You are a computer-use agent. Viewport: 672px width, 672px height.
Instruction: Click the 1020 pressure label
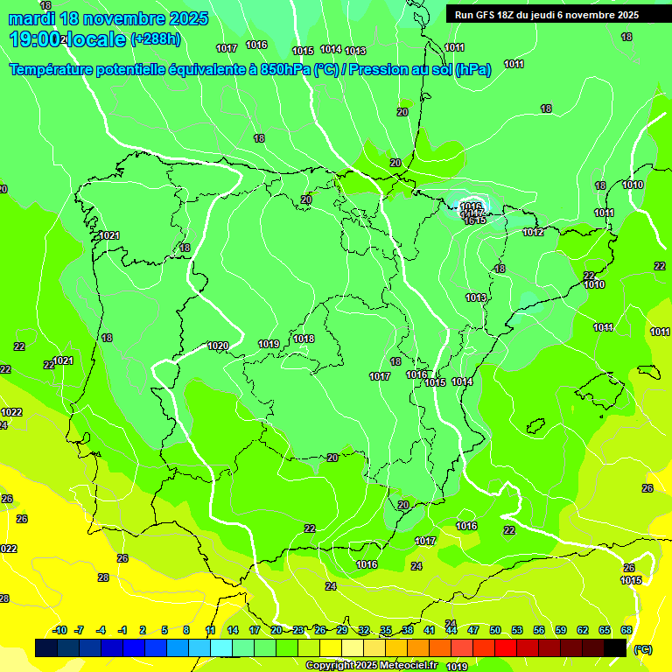[x=218, y=346]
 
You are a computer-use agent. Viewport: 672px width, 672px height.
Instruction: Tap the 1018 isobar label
[x=304, y=339]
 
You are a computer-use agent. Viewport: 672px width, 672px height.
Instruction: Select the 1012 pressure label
[x=533, y=232]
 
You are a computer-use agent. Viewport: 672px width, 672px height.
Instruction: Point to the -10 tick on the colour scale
[x=59, y=630]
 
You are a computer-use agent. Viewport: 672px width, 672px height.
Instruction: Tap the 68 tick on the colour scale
[x=626, y=630]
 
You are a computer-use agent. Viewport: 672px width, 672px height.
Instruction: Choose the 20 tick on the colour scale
[x=276, y=630]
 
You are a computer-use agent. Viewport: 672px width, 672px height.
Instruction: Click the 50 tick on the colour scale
[x=495, y=630]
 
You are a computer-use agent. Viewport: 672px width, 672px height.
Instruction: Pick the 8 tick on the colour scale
[x=186, y=630]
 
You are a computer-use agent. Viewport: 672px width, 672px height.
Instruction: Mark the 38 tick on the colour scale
[x=408, y=630]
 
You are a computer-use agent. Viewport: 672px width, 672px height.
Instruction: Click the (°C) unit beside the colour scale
[x=642, y=649]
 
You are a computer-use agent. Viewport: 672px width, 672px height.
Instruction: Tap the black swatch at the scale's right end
[x=615, y=647]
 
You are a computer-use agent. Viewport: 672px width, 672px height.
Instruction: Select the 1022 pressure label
[x=11, y=412]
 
